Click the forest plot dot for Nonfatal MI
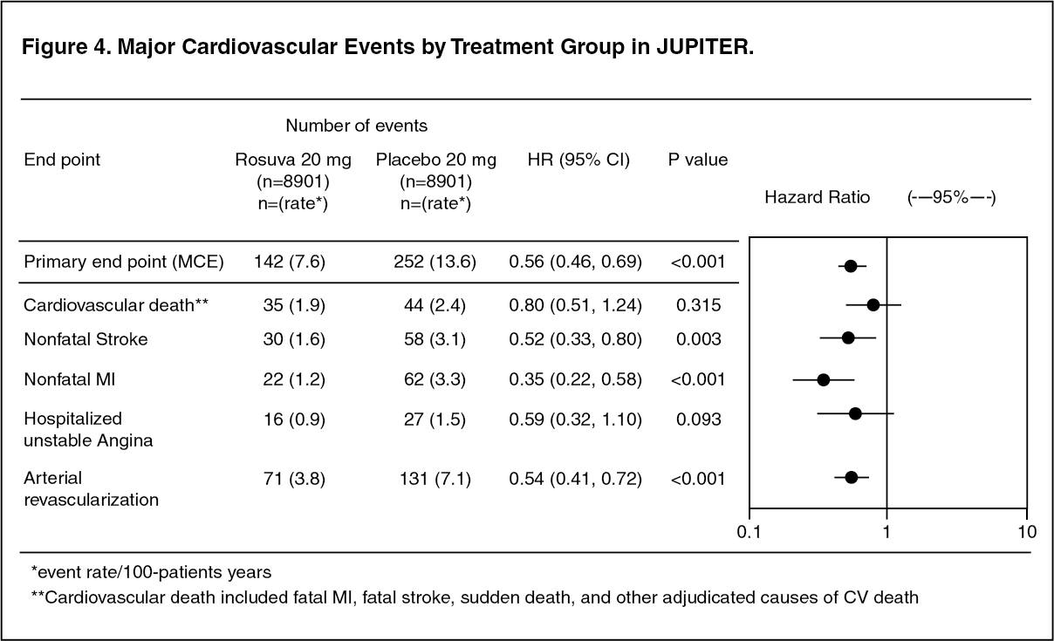tap(823, 379)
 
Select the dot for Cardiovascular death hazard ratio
tap(873, 305)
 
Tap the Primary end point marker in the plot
tap(851, 266)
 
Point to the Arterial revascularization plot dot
tap(852, 478)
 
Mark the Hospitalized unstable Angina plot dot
tap(855, 414)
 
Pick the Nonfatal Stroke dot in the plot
tap(848, 338)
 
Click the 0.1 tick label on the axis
tap(749, 532)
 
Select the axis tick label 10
tap(1027, 532)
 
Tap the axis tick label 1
tap(886, 532)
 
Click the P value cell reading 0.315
tap(698, 305)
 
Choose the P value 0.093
tap(698, 419)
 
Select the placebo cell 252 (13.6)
tap(435, 262)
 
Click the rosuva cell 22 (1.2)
tap(294, 379)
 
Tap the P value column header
tap(698, 160)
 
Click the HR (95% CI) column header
tap(578, 160)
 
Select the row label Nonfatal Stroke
tap(86, 339)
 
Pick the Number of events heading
tap(357, 126)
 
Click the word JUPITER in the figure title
tap(705, 46)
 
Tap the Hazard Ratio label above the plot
tap(818, 197)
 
